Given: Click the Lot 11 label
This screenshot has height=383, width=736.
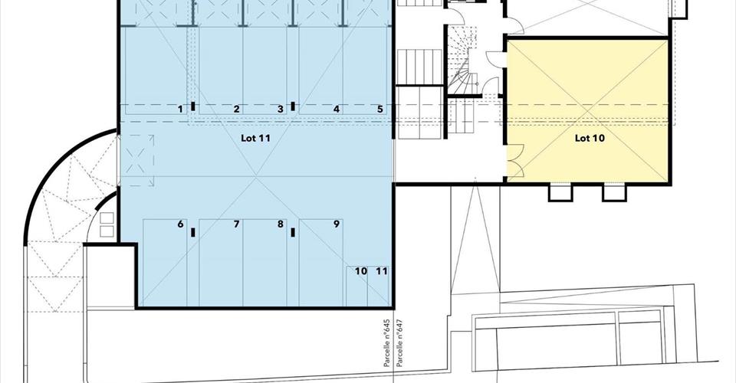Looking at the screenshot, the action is tap(255, 139).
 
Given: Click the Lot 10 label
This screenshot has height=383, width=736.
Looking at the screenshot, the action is tap(590, 139).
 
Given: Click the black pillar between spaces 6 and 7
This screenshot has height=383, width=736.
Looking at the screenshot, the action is tap(193, 232).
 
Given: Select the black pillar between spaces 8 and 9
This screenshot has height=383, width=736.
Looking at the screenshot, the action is tap(293, 232).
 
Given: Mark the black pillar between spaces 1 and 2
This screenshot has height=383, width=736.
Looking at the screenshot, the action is tap(193, 106).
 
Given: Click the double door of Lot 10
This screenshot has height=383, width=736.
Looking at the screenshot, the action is tap(515, 162).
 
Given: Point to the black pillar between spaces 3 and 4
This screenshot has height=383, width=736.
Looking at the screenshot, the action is tap(293, 106).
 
